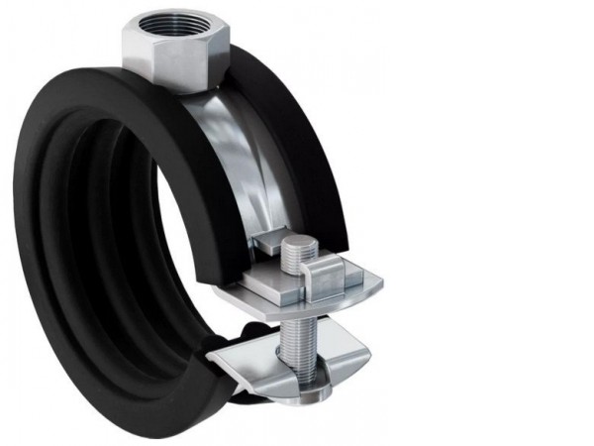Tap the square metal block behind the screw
[262, 252]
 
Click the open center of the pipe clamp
[188, 248]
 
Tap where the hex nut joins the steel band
[188, 91]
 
